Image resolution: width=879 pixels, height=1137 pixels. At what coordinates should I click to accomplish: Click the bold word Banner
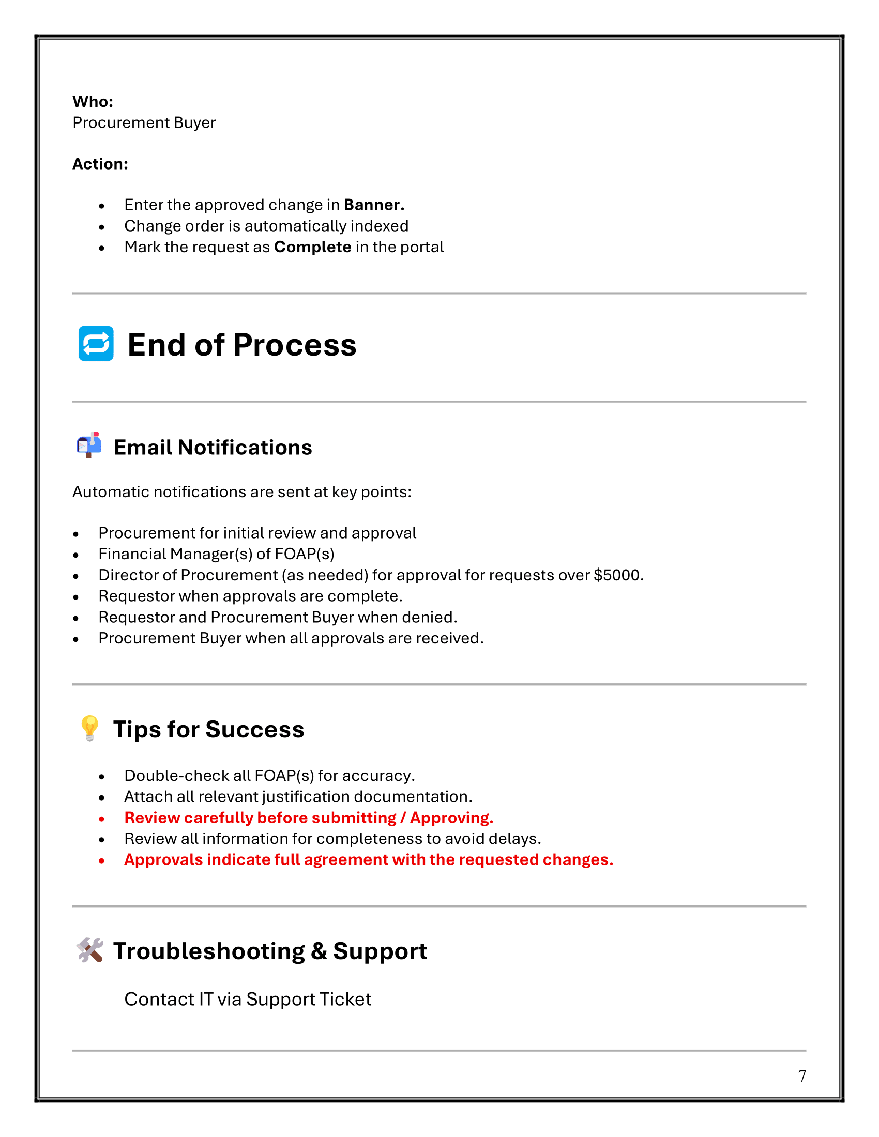(x=373, y=205)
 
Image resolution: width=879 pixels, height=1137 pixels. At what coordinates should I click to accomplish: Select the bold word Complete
(x=312, y=247)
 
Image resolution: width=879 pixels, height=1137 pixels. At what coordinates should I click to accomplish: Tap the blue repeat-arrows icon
(x=96, y=344)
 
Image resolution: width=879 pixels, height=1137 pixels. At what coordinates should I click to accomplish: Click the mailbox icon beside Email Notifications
(x=89, y=445)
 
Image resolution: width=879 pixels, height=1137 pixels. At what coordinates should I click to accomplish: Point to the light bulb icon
(x=89, y=728)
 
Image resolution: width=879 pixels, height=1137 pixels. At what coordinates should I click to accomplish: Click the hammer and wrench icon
(x=89, y=950)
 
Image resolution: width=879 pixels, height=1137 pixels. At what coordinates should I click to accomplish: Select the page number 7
(x=802, y=1076)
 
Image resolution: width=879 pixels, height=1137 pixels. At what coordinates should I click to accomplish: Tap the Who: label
(x=93, y=101)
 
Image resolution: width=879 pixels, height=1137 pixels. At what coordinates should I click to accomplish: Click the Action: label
(x=100, y=164)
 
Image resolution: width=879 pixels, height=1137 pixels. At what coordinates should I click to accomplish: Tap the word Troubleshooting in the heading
(x=209, y=951)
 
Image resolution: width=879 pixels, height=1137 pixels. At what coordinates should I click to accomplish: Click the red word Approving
(x=451, y=818)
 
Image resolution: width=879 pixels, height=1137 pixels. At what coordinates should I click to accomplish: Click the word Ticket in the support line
(x=345, y=1000)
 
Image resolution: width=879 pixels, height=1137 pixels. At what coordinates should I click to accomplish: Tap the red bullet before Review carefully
(x=101, y=819)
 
